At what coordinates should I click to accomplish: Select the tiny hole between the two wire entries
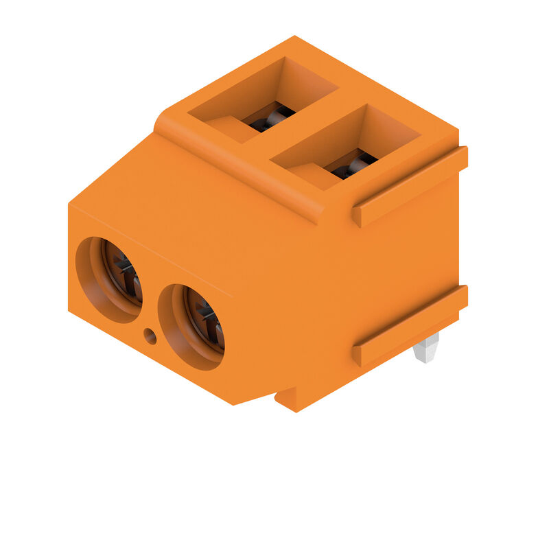click(150, 336)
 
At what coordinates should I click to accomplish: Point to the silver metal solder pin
click(425, 349)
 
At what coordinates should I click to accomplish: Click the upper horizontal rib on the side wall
click(410, 187)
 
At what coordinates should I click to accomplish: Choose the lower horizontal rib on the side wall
click(410, 326)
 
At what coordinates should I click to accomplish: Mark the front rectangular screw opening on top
click(347, 144)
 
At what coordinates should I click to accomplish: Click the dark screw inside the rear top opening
click(272, 118)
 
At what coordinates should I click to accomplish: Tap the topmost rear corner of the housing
click(295, 37)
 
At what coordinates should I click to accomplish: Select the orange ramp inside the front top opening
click(309, 173)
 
